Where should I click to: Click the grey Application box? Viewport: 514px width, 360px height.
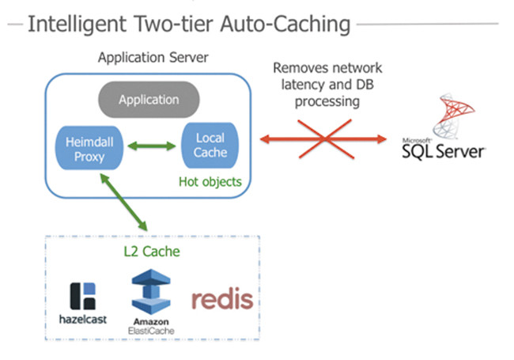[149, 100]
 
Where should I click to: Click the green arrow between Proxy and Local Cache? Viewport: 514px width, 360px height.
[153, 146]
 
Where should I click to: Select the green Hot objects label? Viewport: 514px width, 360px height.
[210, 182]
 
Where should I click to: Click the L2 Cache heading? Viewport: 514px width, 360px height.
[151, 252]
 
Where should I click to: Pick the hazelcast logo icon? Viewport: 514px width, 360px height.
[82, 295]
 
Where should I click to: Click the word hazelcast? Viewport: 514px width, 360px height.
[82, 320]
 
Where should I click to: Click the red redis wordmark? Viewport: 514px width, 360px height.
[222, 299]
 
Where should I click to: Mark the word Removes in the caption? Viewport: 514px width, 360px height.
[297, 69]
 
